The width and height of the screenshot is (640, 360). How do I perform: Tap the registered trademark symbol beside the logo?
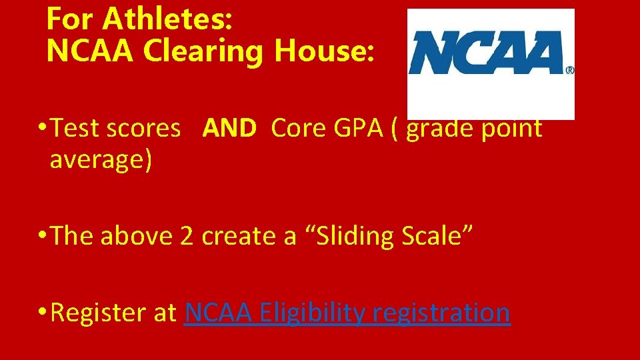[570, 69]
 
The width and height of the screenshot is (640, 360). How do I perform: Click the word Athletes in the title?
[167, 20]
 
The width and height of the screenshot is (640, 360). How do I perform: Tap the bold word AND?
[229, 128]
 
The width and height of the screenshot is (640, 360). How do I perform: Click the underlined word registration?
[441, 312]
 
